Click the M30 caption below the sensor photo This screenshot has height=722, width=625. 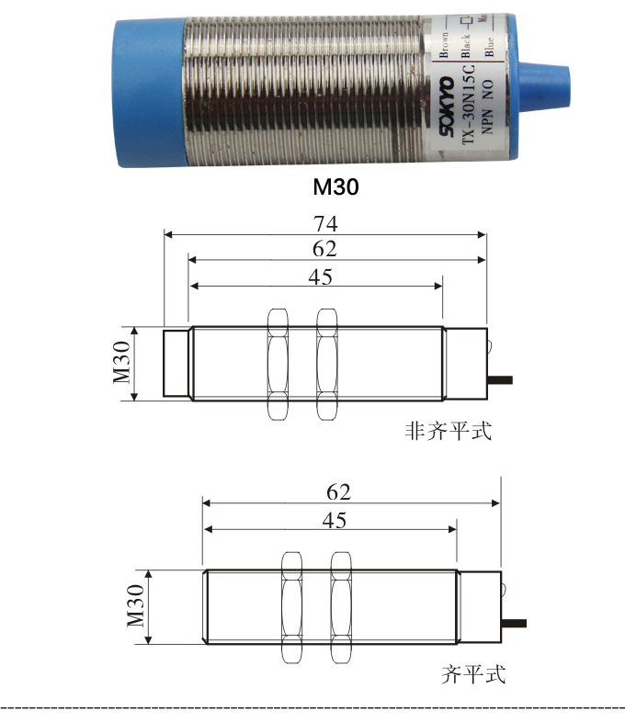point(335,187)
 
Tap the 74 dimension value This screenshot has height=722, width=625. point(325,223)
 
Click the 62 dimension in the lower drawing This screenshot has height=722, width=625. point(338,491)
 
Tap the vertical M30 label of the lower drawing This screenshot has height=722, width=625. point(135,607)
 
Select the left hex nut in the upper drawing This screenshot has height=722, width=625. point(278,364)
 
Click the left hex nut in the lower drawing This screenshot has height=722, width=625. point(291,608)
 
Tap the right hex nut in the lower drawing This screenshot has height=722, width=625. point(342,608)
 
